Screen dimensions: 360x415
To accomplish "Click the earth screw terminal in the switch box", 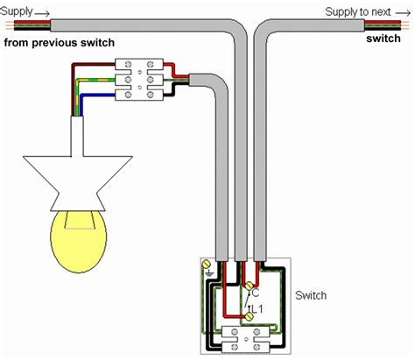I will (206, 264).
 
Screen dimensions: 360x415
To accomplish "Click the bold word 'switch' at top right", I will (383, 40).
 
